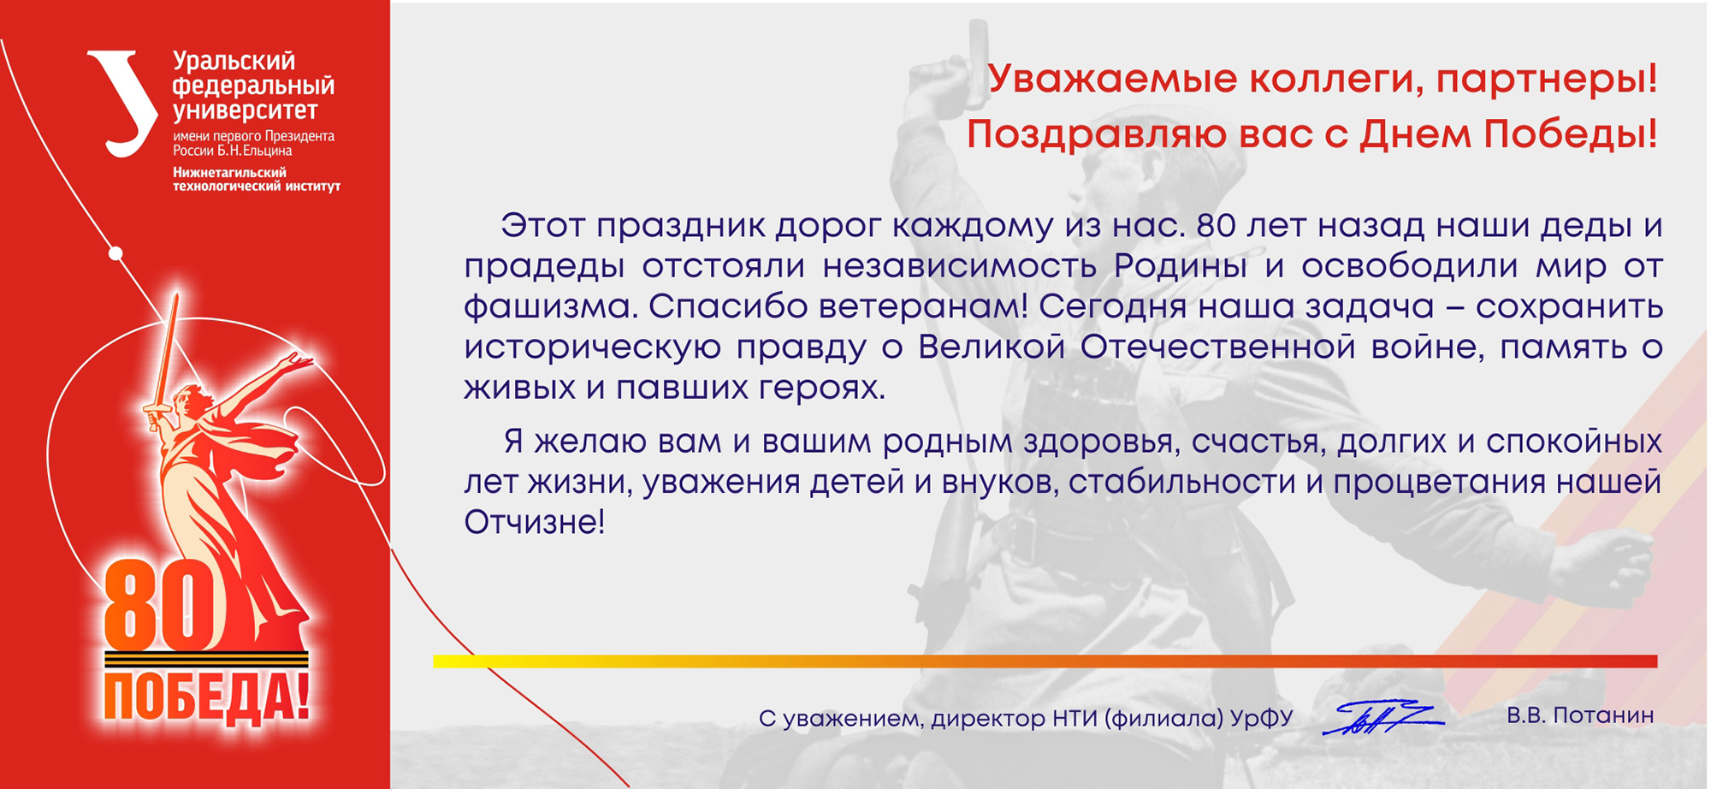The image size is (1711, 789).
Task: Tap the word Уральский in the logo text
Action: (234, 62)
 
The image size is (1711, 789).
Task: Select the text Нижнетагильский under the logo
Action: (229, 172)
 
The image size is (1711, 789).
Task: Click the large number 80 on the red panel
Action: (159, 606)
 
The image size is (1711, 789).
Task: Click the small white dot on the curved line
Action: (116, 253)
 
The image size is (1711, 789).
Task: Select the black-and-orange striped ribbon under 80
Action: (206, 659)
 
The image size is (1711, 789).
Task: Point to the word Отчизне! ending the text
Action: (535, 521)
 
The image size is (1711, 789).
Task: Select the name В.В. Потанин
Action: (1580, 715)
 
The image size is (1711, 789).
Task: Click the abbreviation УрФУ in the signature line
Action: (1262, 718)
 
